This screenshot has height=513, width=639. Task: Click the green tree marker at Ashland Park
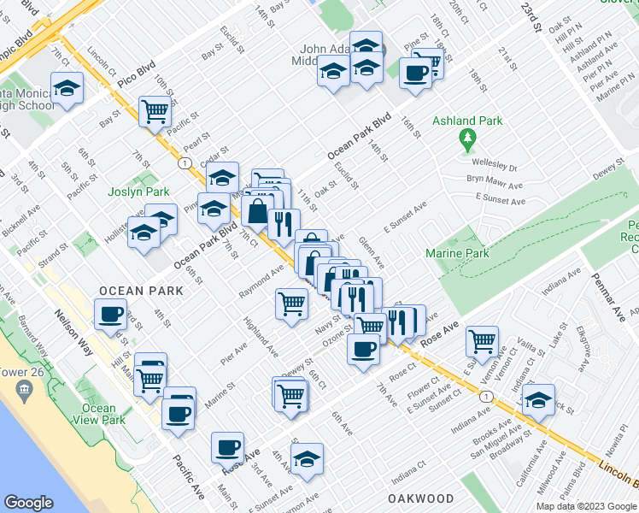click(466, 138)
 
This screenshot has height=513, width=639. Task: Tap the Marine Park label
click(458, 253)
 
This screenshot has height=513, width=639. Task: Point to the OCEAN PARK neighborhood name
click(141, 291)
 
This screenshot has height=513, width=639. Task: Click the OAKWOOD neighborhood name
click(420, 498)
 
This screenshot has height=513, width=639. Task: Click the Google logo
click(29, 503)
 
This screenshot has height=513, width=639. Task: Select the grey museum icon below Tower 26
click(23, 392)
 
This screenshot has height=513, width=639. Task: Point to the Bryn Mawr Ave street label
click(494, 184)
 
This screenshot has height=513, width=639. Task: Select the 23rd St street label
click(531, 18)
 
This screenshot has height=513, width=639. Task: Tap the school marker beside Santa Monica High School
click(66, 89)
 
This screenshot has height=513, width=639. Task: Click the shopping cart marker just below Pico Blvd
click(155, 111)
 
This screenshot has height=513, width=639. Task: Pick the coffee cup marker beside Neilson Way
click(110, 315)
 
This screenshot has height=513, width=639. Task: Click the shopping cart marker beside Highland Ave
click(291, 303)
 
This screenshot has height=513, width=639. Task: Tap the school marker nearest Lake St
click(538, 399)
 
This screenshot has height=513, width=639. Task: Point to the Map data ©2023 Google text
click(587, 506)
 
